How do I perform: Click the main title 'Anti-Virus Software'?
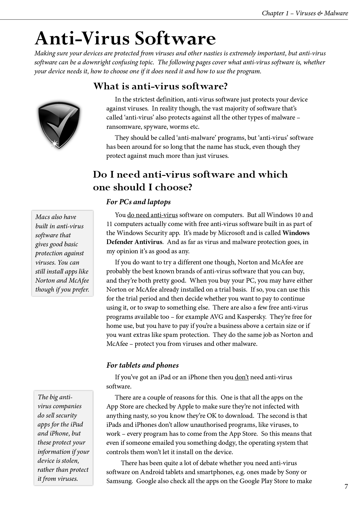[125, 39]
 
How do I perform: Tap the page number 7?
[346, 487]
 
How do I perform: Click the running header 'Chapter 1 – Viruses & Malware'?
[305, 13]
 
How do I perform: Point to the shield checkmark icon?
[59, 125]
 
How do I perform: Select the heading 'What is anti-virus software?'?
[160, 86]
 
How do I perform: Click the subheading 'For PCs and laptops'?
[138, 202]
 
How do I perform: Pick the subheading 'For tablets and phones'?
[142, 365]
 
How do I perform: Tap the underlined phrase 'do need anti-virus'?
[152, 215]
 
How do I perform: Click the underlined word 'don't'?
[242, 377]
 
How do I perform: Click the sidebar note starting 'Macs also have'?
[62, 253]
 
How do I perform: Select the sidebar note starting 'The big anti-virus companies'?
[63, 438]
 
